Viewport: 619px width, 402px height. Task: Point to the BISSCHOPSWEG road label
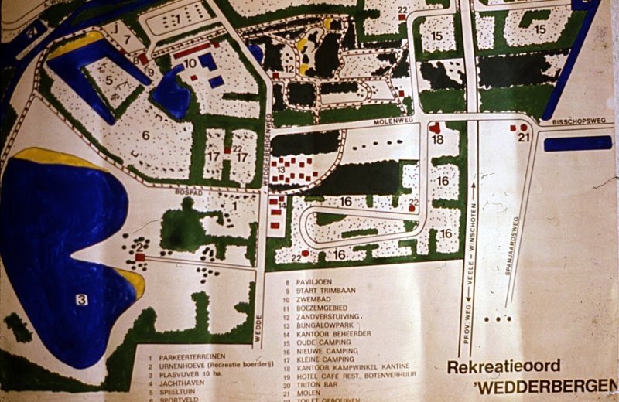pyautogui.click(x=573, y=123)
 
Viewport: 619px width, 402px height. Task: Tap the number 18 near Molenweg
pyautogui.click(x=438, y=140)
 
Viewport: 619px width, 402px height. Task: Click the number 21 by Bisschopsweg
pyautogui.click(x=526, y=138)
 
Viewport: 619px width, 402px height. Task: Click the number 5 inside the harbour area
pyautogui.click(x=110, y=79)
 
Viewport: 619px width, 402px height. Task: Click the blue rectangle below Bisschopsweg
pyautogui.click(x=577, y=144)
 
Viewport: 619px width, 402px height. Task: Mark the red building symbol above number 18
pyautogui.click(x=435, y=128)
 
